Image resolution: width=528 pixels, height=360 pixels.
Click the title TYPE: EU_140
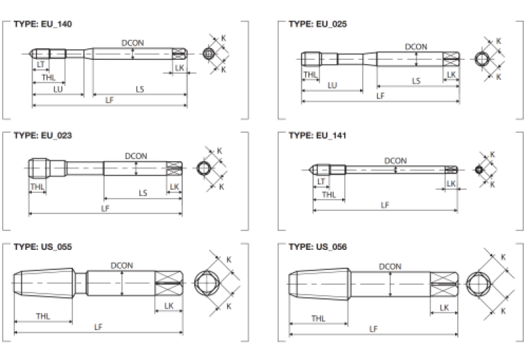[x=43, y=23]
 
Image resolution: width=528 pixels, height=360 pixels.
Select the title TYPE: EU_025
[x=317, y=23]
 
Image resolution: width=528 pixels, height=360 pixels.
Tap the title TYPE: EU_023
[x=43, y=135]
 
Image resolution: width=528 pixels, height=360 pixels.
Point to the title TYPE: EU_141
[x=317, y=135]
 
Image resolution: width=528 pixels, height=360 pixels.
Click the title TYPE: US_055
[x=43, y=246]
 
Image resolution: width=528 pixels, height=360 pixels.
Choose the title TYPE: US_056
[x=317, y=246]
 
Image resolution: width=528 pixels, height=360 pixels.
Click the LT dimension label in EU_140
[x=40, y=64]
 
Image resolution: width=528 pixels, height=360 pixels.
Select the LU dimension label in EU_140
[x=58, y=89]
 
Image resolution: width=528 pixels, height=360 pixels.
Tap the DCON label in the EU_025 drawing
[x=416, y=47]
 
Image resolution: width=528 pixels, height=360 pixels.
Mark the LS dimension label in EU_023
[x=142, y=193]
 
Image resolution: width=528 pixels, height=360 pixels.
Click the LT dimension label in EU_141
[x=321, y=181]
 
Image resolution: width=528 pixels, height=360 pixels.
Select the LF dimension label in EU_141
[x=385, y=204]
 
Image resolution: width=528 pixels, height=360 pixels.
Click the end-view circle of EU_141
[x=479, y=169]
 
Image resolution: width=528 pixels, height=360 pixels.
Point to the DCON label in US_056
[x=390, y=266]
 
